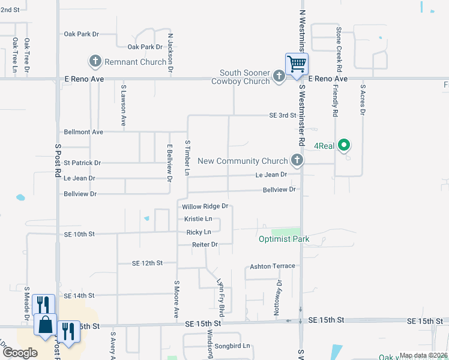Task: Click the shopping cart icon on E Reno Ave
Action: point(297,64)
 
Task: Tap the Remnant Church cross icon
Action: point(95,61)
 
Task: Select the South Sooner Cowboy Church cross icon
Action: point(279,76)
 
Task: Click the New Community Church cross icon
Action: point(296,160)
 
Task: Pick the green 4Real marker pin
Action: point(344,145)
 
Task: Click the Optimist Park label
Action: point(284,239)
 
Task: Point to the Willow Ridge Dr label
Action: point(206,206)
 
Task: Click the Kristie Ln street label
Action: point(198,219)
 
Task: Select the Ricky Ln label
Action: point(199,232)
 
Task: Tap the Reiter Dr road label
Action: point(204,244)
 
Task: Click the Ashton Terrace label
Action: point(273,266)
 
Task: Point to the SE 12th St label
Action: point(148,263)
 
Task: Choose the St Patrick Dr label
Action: point(82,163)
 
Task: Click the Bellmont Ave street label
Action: point(83,131)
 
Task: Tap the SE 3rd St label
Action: point(284,115)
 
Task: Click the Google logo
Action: point(20,353)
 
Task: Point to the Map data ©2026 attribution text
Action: point(423,356)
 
